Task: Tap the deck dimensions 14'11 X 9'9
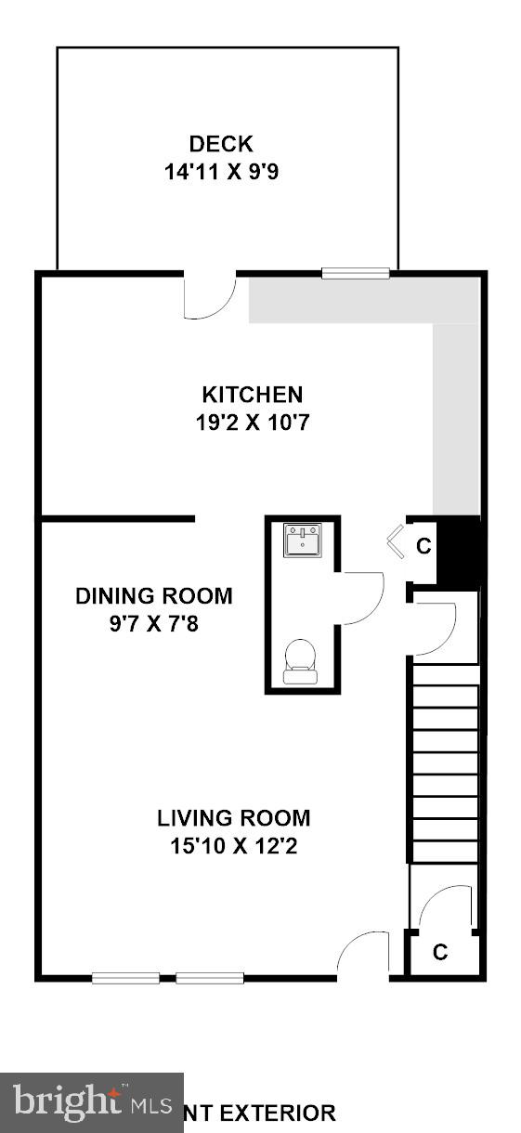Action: coord(221,171)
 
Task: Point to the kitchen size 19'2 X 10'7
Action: coord(253,422)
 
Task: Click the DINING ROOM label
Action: coord(154,596)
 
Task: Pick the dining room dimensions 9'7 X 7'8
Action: coord(154,623)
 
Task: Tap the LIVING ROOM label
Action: coord(233,818)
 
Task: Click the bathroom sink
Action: coord(303,540)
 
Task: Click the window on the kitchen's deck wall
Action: coord(356,273)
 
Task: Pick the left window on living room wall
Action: coord(125,977)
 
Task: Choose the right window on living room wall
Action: coord(210,977)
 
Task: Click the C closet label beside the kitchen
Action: coord(423,547)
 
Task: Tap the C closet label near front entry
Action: coord(440,953)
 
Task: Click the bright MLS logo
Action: coord(92,1102)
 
